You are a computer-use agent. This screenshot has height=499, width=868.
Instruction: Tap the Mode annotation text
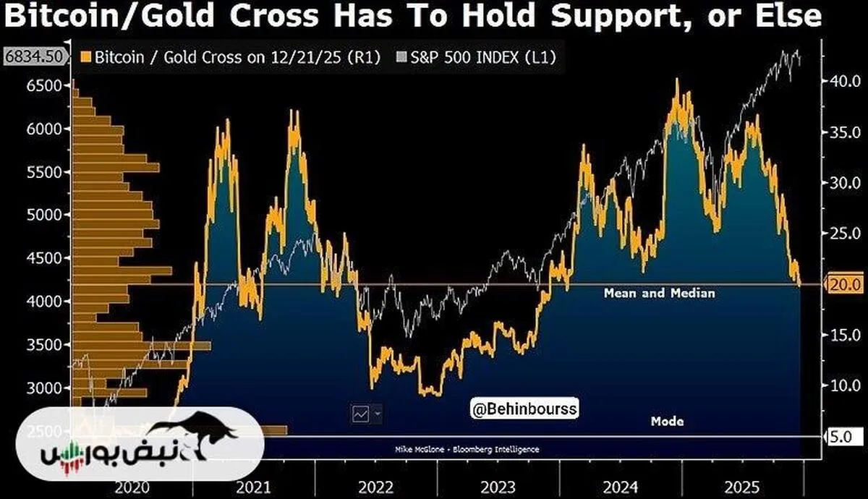click(x=667, y=421)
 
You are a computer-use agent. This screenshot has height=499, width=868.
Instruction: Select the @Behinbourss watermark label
click(x=524, y=409)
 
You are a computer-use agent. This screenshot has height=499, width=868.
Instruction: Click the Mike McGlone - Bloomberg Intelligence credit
click(x=467, y=449)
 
